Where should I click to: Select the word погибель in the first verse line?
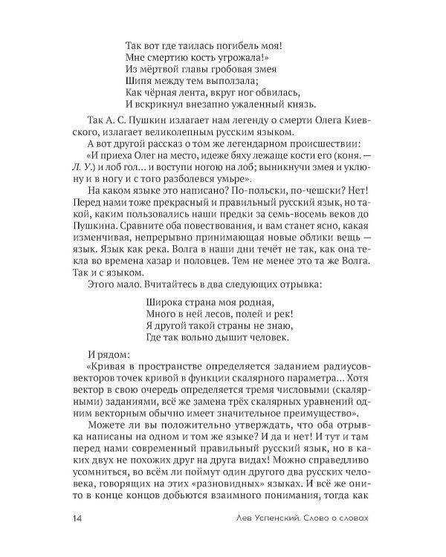tap(223, 45)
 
